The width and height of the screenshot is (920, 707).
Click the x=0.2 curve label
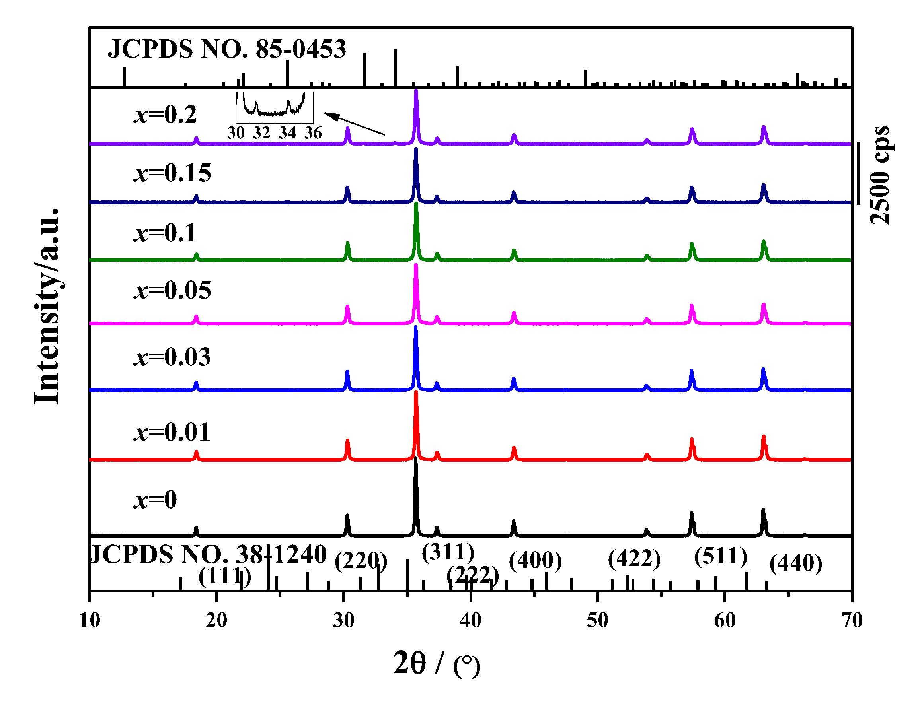click(x=165, y=115)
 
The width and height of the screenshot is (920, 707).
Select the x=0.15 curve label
click(x=172, y=173)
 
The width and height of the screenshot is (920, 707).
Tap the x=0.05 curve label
click(x=172, y=290)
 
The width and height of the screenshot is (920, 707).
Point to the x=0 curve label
click(x=155, y=499)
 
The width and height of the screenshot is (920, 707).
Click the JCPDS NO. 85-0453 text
click(x=226, y=49)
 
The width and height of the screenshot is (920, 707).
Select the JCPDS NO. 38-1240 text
click(x=209, y=554)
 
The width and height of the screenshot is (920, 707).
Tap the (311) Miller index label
click(x=448, y=552)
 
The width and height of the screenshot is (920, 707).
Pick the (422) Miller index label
click(x=633, y=559)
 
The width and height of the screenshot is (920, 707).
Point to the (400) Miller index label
click(x=535, y=561)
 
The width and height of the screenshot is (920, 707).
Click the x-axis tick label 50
click(x=597, y=620)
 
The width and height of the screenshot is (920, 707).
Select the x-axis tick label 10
click(x=89, y=620)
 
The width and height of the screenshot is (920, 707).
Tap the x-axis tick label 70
click(x=852, y=620)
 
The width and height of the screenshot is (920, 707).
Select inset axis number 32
click(x=261, y=133)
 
